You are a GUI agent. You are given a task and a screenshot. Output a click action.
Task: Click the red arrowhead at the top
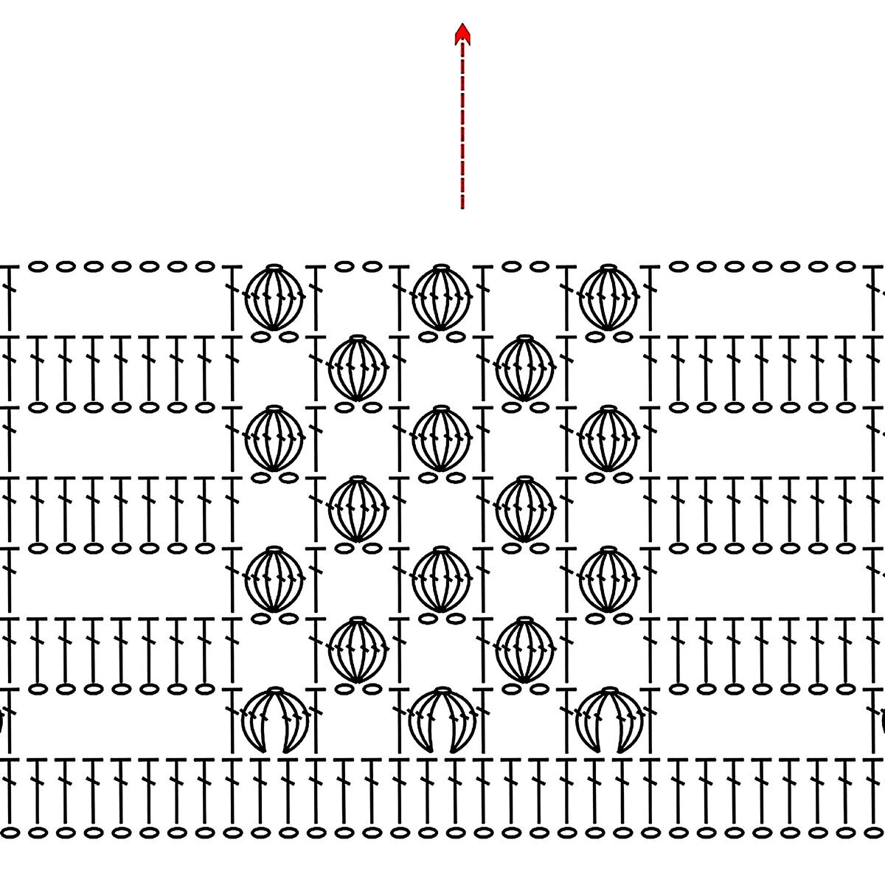pyautogui.click(x=462, y=33)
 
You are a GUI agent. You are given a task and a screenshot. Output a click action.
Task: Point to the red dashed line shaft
pyautogui.click(x=462, y=125)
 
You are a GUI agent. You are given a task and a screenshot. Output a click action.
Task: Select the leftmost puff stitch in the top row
pyautogui.click(x=274, y=297)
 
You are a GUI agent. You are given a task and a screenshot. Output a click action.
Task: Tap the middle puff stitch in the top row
pyautogui.click(x=441, y=297)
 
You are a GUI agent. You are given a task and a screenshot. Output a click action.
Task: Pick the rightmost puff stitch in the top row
pyautogui.click(x=608, y=297)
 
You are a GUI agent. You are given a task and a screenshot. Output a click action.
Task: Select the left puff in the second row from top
pyautogui.click(x=358, y=368)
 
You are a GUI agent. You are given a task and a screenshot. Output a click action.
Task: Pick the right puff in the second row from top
pyautogui.click(x=524, y=368)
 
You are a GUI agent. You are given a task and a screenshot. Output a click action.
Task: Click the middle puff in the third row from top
pyautogui.click(x=441, y=438)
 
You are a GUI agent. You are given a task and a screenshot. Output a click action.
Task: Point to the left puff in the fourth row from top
pyautogui.click(x=358, y=509)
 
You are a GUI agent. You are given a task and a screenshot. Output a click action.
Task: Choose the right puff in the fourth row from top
pyautogui.click(x=524, y=509)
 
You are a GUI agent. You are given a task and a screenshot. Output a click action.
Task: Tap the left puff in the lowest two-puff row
pyautogui.click(x=358, y=650)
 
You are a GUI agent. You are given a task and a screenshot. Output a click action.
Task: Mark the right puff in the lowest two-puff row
pyautogui.click(x=524, y=650)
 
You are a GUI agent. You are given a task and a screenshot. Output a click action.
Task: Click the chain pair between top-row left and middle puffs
pyautogui.click(x=358, y=266)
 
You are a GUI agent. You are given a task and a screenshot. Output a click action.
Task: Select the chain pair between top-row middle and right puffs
pyautogui.click(x=524, y=266)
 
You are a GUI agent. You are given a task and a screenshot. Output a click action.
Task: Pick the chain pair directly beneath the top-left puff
pyautogui.click(x=274, y=336)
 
